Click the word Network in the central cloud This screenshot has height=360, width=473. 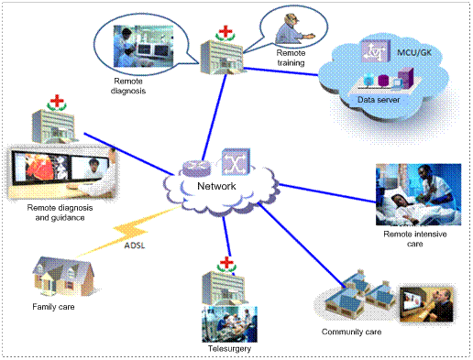[x=216, y=186]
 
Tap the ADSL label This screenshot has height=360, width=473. [x=135, y=245]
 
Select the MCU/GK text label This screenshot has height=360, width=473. [x=414, y=52]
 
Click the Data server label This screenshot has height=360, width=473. [x=379, y=100]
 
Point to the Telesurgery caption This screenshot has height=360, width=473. [x=229, y=349]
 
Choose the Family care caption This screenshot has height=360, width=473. [x=53, y=307]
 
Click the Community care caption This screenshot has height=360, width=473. [x=351, y=332]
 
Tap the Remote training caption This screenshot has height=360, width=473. [x=291, y=58]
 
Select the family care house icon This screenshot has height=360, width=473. [x=63, y=277]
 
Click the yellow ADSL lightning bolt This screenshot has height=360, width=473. [x=130, y=231]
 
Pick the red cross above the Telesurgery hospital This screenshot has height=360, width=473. [x=226, y=263]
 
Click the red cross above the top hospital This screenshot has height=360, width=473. [x=225, y=32]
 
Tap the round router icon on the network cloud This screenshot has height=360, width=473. [x=197, y=169]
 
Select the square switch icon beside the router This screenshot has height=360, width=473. [x=236, y=162]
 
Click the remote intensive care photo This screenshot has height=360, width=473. [x=418, y=194]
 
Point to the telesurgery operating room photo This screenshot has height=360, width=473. [x=229, y=324]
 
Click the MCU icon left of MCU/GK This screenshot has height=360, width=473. [x=376, y=50]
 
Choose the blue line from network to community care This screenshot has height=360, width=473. [x=302, y=245]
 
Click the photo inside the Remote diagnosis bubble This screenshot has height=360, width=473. [x=143, y=46]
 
